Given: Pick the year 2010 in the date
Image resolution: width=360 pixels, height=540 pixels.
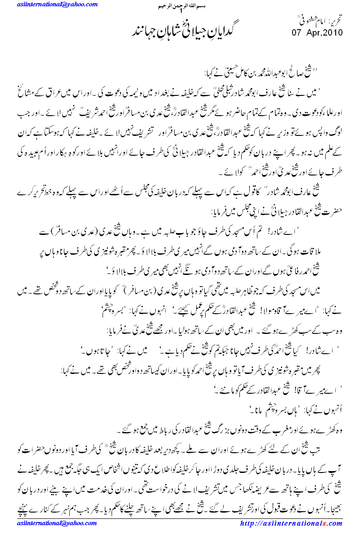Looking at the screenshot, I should pyautogui.click(x=334, y=32).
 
